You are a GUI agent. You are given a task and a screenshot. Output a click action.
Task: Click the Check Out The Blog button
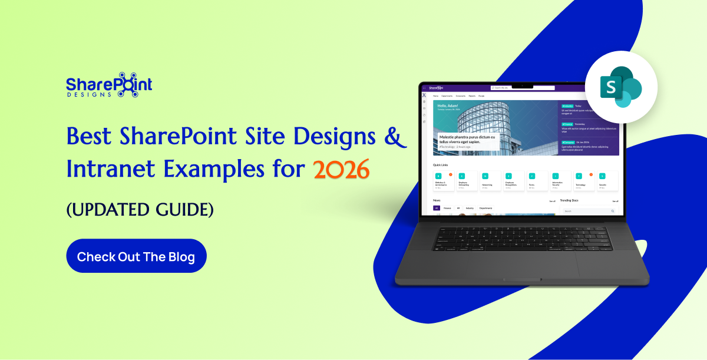pos(136,256)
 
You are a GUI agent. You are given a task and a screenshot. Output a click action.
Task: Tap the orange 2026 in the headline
pos(342,169)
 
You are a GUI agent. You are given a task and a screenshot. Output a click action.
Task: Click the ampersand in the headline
pos(396,137)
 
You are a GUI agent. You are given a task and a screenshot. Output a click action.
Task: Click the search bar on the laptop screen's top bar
pos(523,88)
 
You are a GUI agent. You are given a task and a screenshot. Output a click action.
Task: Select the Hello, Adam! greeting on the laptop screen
pos(448,106)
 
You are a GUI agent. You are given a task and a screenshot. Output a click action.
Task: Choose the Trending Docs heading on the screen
pos(569,200)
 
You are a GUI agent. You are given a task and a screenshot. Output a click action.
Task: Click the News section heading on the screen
pos(437,200)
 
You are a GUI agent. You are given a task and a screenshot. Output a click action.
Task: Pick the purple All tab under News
pos(437,208)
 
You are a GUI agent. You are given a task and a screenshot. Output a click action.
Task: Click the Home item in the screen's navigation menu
pos(435,95)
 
